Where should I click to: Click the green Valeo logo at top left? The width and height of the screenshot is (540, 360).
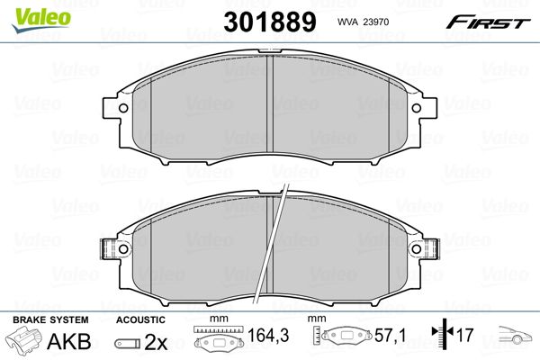click(x=40, y=20)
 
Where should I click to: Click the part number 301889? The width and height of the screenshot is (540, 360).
click(x=270, y=22)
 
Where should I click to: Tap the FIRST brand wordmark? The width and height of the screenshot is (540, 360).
click(x=488, y=22)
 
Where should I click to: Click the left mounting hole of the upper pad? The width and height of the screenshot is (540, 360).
click(x=123, y=108)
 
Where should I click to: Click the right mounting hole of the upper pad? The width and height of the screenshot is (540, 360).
click(x=417, y=108)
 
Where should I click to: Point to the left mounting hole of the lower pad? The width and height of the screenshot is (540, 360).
click(x=123, y=248)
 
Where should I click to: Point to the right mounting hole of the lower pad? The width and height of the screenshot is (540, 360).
click(x=417, y=248)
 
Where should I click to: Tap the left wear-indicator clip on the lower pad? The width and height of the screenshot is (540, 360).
click(x=107, y=248)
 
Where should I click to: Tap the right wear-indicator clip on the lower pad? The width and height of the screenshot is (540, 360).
click(x=433, y=248)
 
